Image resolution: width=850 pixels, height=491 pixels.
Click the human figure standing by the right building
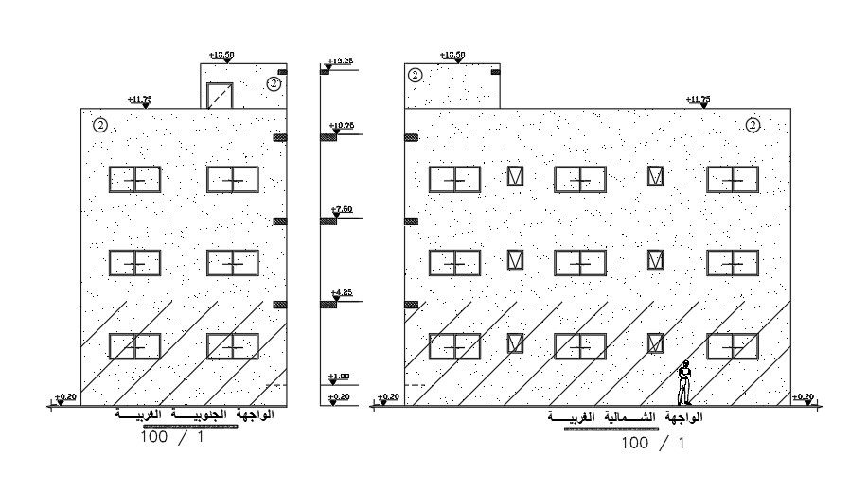(683, 384)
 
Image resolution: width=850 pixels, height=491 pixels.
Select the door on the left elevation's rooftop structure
(220, 96)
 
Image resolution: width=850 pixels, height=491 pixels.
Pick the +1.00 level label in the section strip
(339, 377)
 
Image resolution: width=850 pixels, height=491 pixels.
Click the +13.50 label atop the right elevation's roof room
(452, 55)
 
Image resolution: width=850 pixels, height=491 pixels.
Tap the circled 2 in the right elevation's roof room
(416, 76)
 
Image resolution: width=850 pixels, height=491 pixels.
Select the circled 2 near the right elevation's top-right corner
(753, 124)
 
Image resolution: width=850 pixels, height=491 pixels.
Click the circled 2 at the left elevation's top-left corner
(99, 124)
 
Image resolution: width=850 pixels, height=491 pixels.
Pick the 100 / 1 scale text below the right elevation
(652, 442)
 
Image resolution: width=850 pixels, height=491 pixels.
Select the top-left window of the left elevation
(135, 180)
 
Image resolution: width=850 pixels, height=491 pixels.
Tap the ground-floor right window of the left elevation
(233, 346)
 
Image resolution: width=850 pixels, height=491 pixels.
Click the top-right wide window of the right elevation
(733, 180)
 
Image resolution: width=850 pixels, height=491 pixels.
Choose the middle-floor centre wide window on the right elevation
(580, 263)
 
